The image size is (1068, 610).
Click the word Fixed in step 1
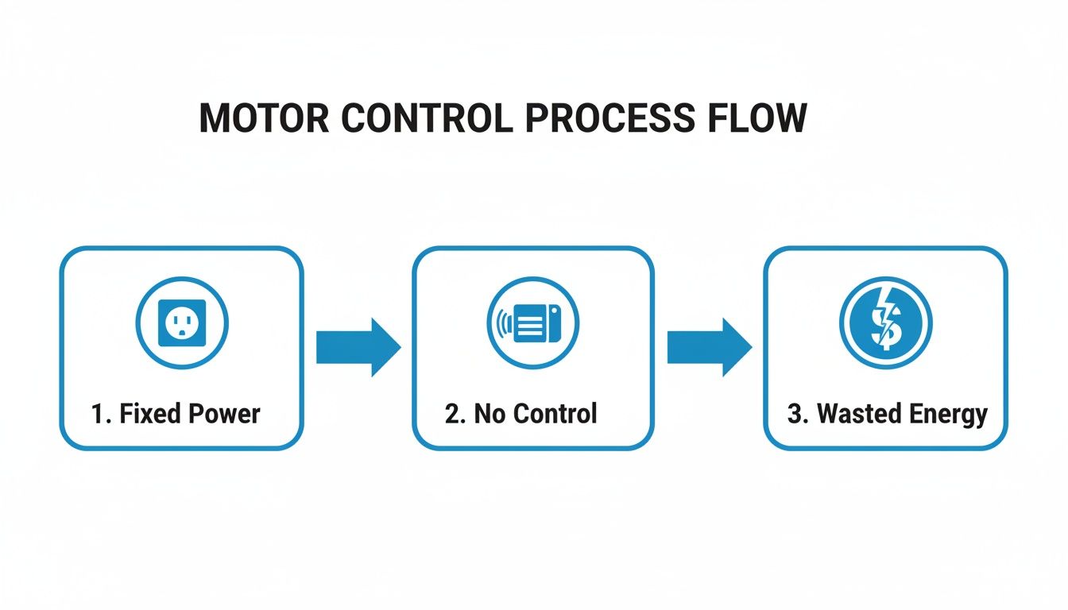pos(153,414)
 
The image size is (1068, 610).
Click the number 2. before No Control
pos(455,414)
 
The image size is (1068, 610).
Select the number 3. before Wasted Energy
pos(798,414)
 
